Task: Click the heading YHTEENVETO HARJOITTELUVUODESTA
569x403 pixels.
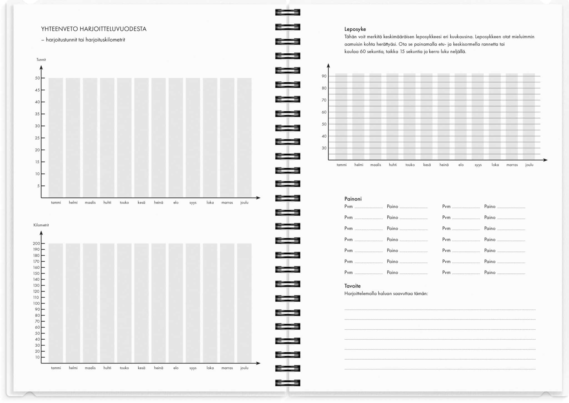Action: [x=94, y=29]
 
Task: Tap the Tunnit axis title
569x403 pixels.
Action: [x=41, y=60]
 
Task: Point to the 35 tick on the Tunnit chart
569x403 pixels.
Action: [x=37, y=114]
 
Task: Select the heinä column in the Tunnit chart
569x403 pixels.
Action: [x=159, y=138]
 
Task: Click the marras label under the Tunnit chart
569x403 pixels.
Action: [x=227, y=203]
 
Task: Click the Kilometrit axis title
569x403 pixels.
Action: [x=41, y=225]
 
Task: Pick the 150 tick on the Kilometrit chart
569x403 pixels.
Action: [x=36, y=273]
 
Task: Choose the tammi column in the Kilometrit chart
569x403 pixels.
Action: [x=56, y=303]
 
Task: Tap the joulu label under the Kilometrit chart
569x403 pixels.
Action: [x=244, y=368]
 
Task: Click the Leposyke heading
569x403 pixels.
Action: [x=355, y=29]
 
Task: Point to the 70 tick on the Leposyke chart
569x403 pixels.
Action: [x=324, y=100]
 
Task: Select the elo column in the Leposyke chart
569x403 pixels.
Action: [x=461, y=117]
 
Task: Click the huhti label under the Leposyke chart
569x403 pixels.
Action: [x=393, y=165]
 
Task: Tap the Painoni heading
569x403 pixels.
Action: [x=353, y=199]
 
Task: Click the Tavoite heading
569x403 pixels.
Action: [x=352, y=286]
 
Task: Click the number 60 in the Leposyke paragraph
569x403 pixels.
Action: [x=363, y=51]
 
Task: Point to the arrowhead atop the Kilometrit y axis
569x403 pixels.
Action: [x=41, y=233]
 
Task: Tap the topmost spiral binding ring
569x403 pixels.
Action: [x=288, y=13]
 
